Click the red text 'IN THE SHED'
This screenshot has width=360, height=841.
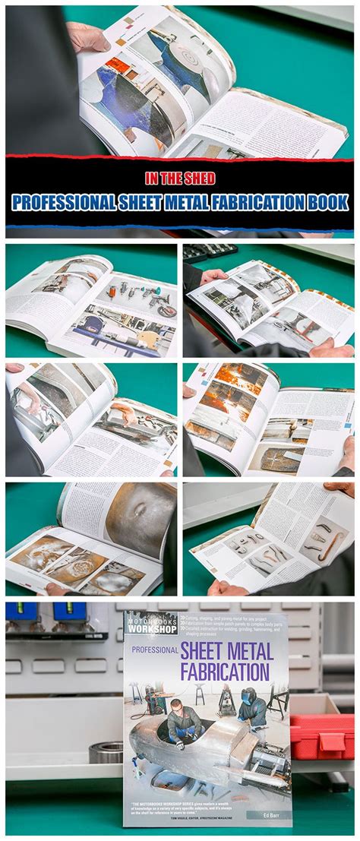(180, 179)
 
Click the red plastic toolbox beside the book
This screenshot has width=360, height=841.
(321, 735)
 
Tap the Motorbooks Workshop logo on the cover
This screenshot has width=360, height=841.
(150, 623)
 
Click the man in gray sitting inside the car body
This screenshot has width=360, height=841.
(184, 722)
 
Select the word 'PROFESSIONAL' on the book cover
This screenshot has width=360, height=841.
(154, 650)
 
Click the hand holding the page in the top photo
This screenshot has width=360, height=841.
(87, 36)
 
